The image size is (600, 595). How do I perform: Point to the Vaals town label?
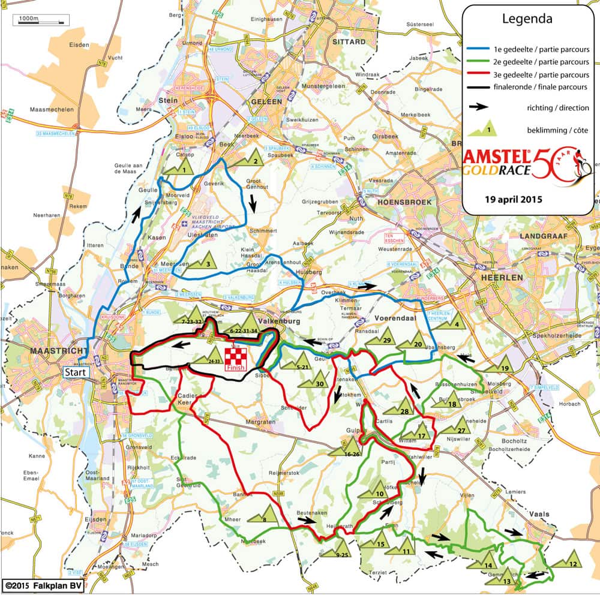[x=539, y=513]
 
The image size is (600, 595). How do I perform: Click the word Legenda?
[x=527, y=19]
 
